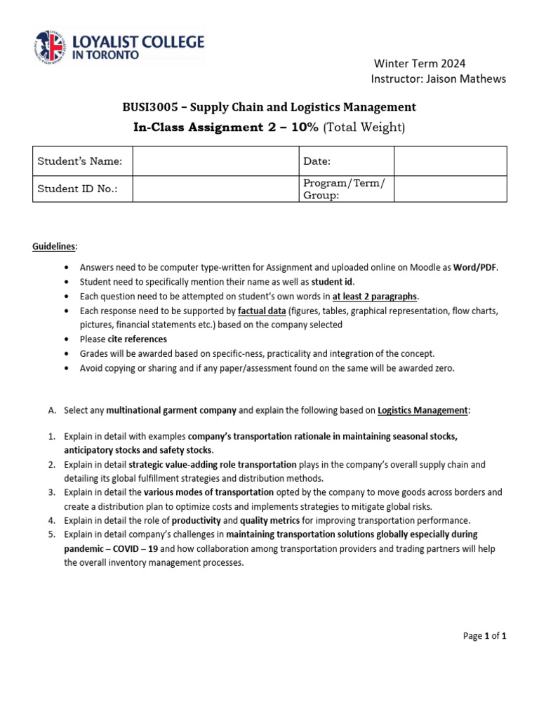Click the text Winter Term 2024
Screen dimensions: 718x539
(418, 64)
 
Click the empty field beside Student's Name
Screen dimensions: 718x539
(214, 161)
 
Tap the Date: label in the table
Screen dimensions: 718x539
(317, 161)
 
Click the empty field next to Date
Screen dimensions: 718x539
(450, 161)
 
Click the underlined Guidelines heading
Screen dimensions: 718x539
(55, 247)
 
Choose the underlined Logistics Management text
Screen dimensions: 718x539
(422, 410)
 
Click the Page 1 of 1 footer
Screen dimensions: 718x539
(484, 636)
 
